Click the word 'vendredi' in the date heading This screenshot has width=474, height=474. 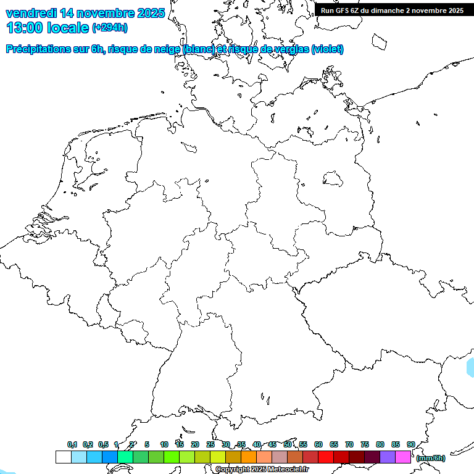pyautogui.click(x=31, y=12)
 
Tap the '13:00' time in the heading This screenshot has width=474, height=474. pyautogui.click(x=25, y=27)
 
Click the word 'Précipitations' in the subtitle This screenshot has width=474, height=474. pyautogui.click(x=38, y=49)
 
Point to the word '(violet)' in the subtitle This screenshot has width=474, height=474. pyautogui.click(x=328, y=49)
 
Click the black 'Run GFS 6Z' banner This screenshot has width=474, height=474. pyautogui.click(x=392, y=10)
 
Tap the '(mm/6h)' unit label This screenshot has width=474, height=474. pyautogui.click(x=431, y=458)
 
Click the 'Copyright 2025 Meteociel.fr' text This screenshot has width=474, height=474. pyautogui.click(x=262, y=470)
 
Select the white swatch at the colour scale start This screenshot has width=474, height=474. pyautogui.click(x=63, y=457)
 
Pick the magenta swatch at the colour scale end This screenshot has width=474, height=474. pyautogui.click(x=403, y=457)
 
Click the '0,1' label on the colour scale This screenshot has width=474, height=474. pyautogui.click(x=72, y=444)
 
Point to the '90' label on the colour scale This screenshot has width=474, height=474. pyautogui.click(x=410, y=444)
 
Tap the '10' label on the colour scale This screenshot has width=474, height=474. pyautogui.click(x=164, y=444)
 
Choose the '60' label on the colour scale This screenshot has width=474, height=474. pyautogui.click(x=318, y=444)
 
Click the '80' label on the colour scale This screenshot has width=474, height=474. pyautogui.click(x=380, y=444)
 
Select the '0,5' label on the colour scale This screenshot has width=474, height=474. pyautogui.click(x=103, y=444)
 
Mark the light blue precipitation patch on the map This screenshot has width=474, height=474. pyautogui.click(x=470, y=367)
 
